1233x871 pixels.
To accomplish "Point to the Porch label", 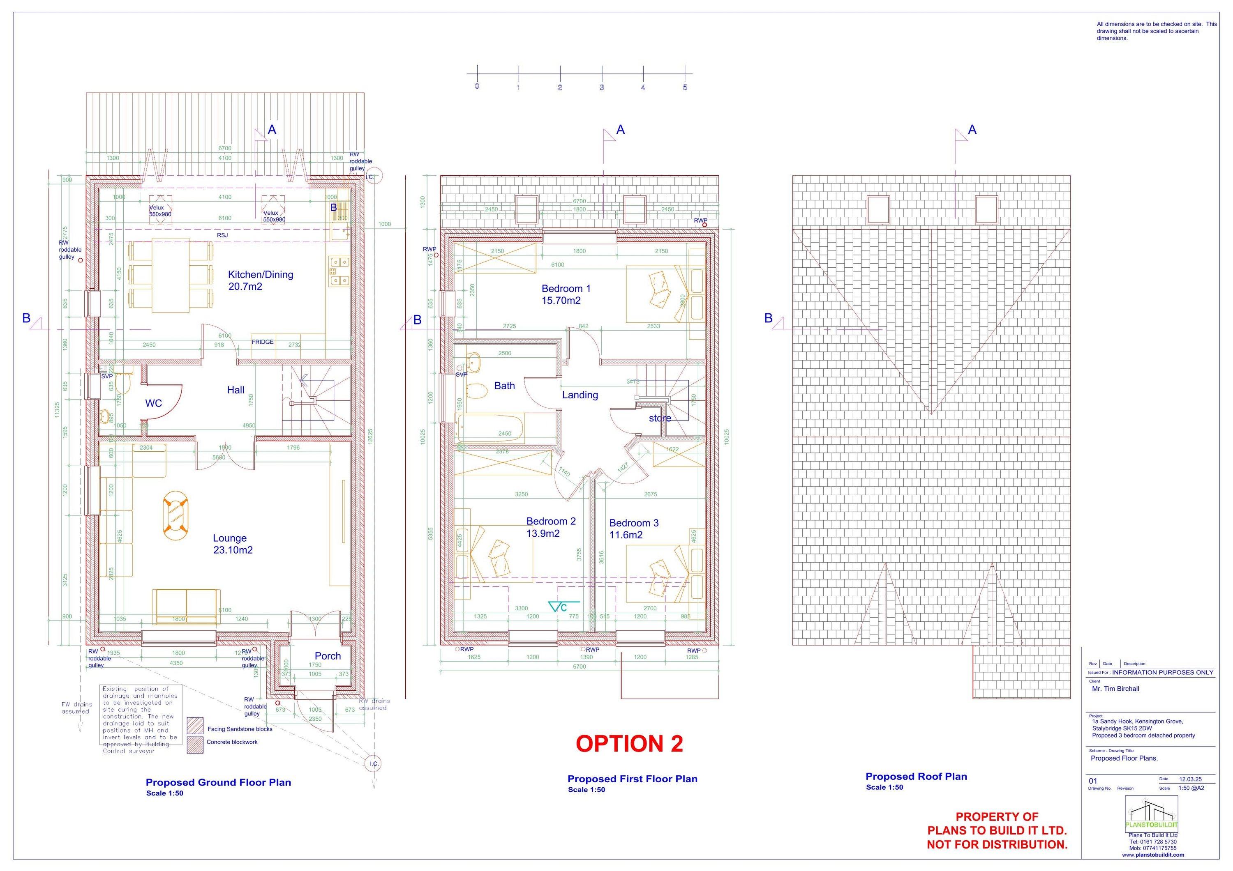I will coord(328,656).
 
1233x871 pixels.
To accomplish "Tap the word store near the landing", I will coord(660,418).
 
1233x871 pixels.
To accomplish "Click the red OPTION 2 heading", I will coord(629,744).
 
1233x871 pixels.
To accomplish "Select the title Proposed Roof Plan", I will coord(916,777).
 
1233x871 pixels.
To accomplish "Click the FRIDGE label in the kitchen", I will coord(263,342).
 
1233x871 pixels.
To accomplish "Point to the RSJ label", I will coord(222,235).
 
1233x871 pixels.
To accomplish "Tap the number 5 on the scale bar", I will coord(685,87).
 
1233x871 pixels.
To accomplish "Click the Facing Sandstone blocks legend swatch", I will coord(195,726).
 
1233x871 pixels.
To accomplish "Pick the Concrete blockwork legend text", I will coord(232,742).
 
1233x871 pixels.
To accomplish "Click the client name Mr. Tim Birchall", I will coord(1115,689).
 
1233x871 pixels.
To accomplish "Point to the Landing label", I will coord(580,395).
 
